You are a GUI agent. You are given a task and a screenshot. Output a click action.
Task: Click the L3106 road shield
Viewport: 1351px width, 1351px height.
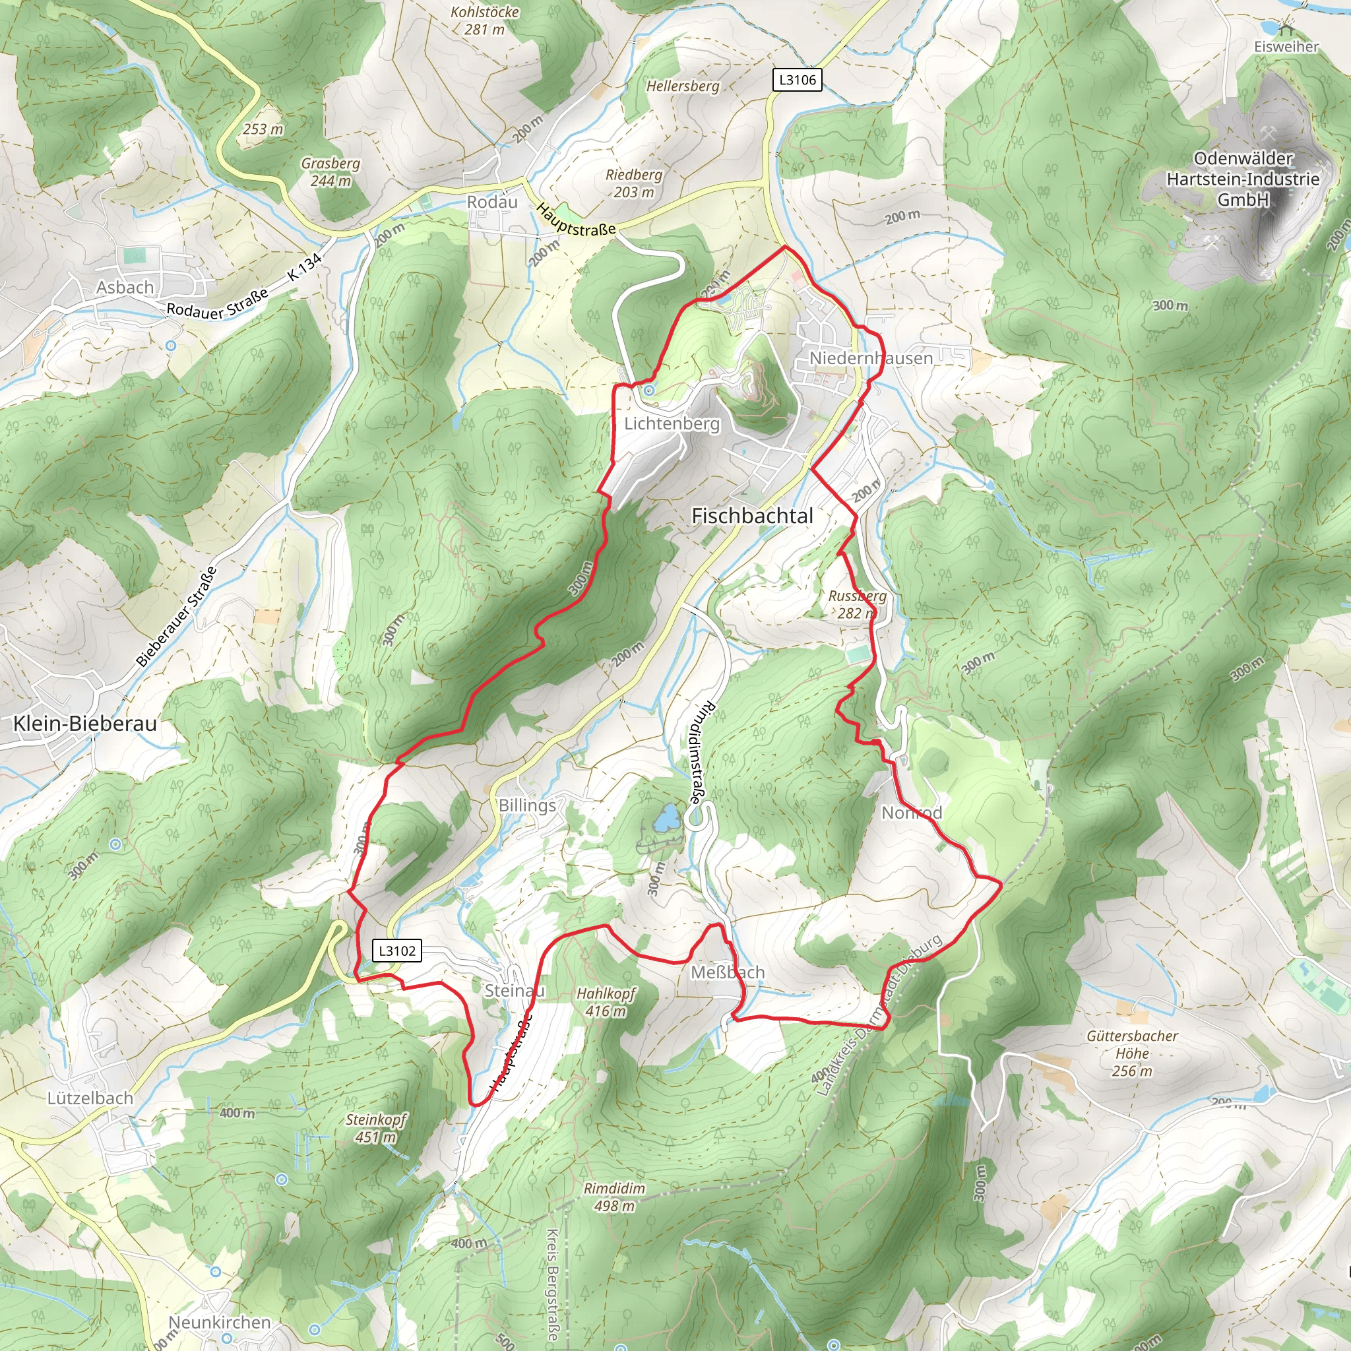(x=797, y=80)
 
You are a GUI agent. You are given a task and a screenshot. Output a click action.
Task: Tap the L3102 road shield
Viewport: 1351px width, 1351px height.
(x=397, y=951)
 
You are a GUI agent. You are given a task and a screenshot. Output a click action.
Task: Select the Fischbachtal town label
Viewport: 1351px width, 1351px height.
(x=753, y=516)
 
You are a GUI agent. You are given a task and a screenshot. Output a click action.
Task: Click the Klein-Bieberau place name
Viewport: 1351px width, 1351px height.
(x=85, y=723)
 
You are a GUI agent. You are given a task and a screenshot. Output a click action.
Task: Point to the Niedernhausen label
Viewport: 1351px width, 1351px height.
(x=871, y=358)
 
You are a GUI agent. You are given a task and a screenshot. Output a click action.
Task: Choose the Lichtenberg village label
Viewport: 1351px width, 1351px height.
(x=672, y=424)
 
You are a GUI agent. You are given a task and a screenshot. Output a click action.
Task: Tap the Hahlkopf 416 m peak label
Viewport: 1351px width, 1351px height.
(x=606, y=1002)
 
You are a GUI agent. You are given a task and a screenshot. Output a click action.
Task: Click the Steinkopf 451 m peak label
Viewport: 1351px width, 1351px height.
(x=376, y=1128)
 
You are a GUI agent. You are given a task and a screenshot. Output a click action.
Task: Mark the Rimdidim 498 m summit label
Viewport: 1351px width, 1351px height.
(x=614, y=1197)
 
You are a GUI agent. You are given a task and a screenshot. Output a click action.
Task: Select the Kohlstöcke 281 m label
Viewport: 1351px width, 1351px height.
(x=485, y=20)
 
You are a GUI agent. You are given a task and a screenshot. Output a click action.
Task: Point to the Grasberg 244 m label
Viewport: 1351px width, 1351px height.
(x=330, y=172)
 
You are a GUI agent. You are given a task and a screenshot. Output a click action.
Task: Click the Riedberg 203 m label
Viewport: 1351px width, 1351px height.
(x=634, y=183)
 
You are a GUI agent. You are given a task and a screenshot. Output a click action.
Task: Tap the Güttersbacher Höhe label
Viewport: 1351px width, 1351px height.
(x=1132, y=1053)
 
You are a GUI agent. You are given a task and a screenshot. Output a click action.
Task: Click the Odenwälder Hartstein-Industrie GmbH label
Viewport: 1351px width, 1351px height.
(x=1243, y=179)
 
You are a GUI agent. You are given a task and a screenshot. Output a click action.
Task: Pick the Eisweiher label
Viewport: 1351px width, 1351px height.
(x=1286, y=47)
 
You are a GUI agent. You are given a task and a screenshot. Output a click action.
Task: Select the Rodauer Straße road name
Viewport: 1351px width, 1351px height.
(x=218, y=305)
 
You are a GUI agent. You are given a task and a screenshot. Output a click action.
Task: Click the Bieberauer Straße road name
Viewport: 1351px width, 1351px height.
(x=176, y=616)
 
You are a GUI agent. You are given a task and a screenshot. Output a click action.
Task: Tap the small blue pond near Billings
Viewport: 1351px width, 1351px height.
(x=667, y=817)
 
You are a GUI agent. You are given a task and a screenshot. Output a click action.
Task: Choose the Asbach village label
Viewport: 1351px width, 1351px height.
(x=125, y=288)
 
